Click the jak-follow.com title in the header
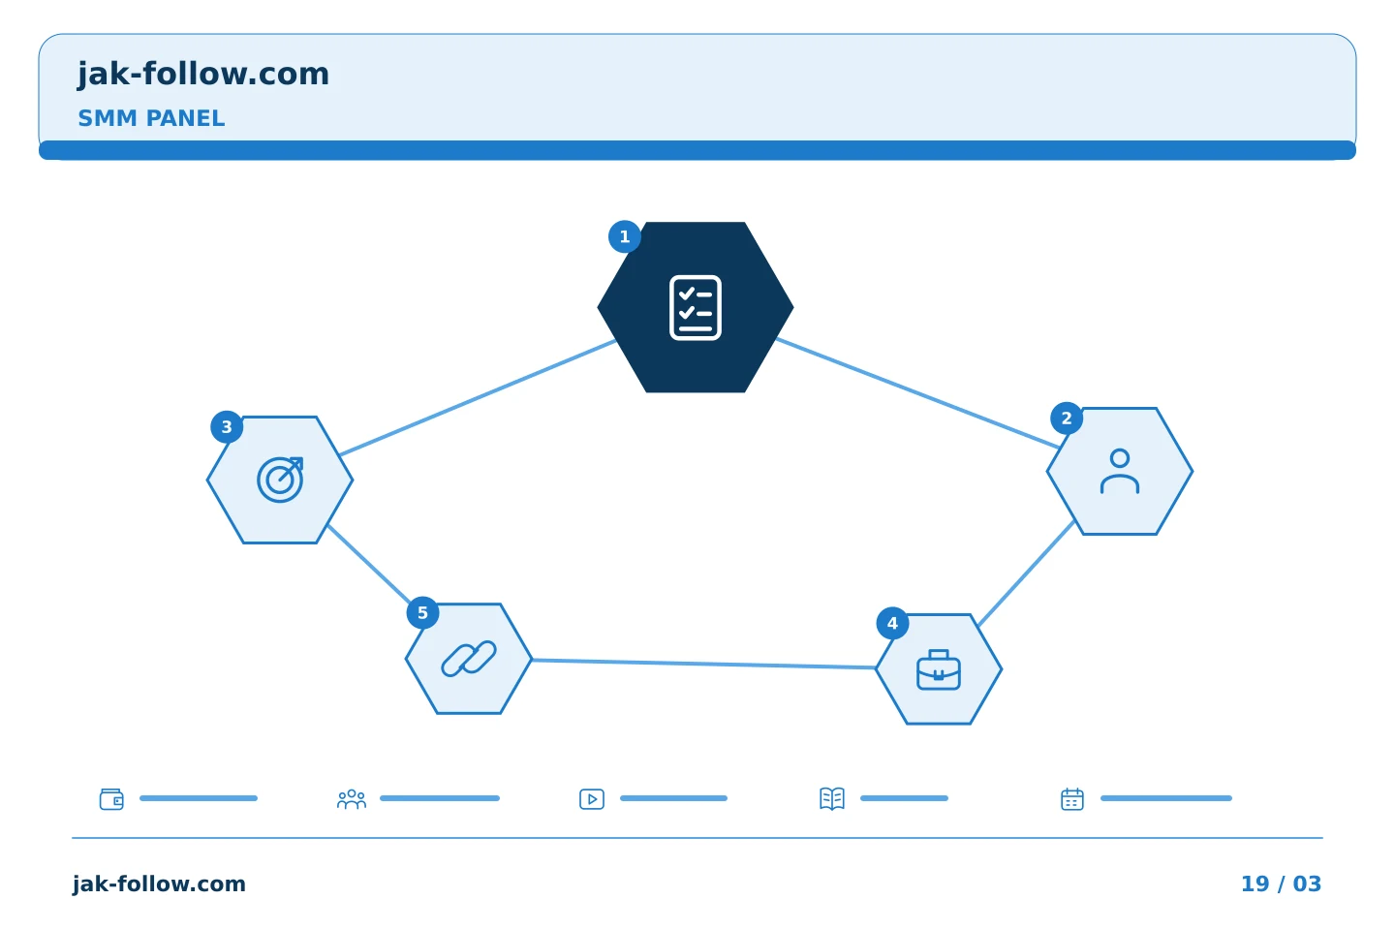click(x=203, y=75)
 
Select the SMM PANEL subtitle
click(x=151, y=118)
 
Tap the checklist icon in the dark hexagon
click(x=695, y=308)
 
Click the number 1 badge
click(x=625, y=236)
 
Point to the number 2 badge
click(x=1067, y=418)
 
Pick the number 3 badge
click(x=227, y=426)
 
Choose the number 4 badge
click(x=892, y=623)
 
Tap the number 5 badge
click(x=422, y=612)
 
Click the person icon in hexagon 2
click(x=1119, y=471)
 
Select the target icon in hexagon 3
click(x=280, y=480)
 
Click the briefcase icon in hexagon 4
click(x=939, y=669)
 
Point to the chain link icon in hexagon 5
click(x=468, y=659)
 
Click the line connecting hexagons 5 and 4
click(x=703, y=664)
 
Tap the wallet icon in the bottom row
click(x=111, y=799)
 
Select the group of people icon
click(x=352, y=799)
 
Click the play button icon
click(x=592, y=799)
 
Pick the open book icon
click(x=832, y=798)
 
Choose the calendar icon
click(x=1071, y=799)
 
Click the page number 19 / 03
click(x=1281, y=883)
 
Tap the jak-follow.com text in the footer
click(x=159, y=883)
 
